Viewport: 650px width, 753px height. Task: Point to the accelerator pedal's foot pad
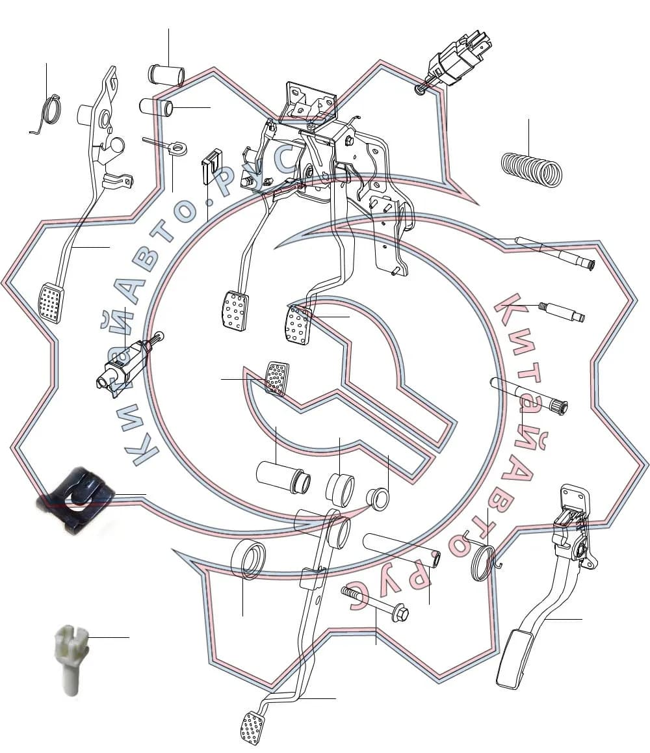[x=514, y=659]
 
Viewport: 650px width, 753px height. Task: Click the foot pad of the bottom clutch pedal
[x=253, y=728]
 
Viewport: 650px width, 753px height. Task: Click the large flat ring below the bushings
[x=248, y=559]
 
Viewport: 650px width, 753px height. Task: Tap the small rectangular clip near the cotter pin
[x=211, y=165]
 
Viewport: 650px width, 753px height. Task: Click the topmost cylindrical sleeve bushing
[x=166, y=74]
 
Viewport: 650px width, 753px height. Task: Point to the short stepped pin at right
[x=561, y=311]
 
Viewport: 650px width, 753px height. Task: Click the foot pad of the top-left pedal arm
[x=51, y=304]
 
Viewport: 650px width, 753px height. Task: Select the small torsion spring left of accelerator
[x=486, y=561]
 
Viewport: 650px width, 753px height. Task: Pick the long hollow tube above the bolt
[x=403, y=551]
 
